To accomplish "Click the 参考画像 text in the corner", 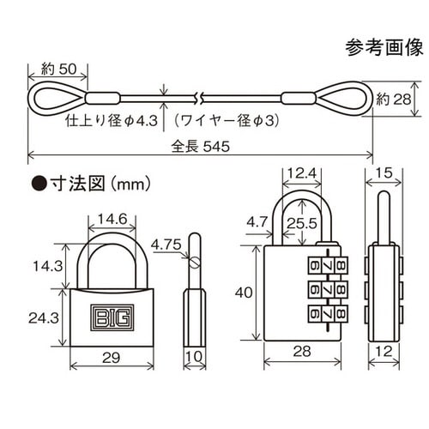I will point(386,45).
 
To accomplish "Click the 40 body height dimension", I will point(244,293).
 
